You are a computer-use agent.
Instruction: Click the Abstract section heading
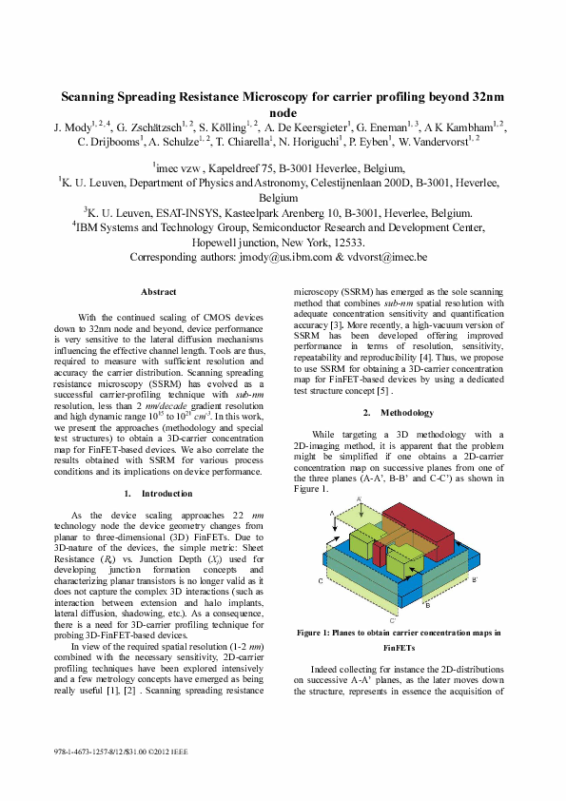pos(158,291)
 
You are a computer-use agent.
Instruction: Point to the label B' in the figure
pos(475,579)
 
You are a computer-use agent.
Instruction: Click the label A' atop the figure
pos(359,498)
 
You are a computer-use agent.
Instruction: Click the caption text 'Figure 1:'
pos(319,633)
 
